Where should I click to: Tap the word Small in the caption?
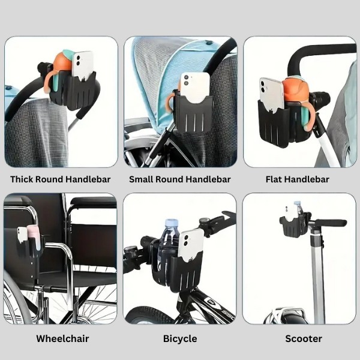pos(142,179)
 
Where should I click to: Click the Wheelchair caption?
pos(62,338)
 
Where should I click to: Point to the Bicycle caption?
pos(180,338)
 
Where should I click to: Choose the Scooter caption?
pos(304,338)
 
